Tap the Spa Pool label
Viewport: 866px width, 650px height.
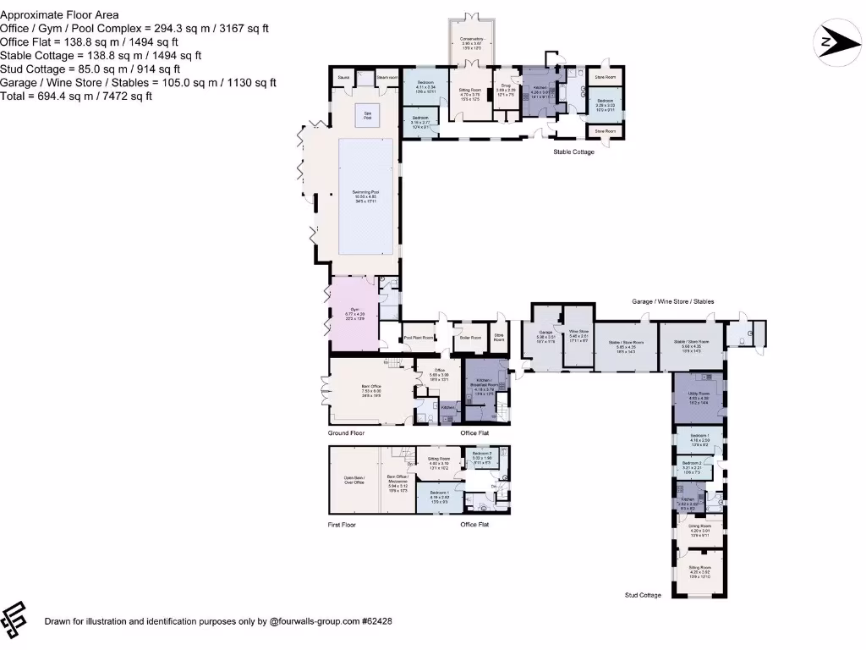[x=368, y=116]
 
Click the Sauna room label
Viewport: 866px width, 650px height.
[x=343, y=77]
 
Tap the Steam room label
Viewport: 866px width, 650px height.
[x=387, y=77]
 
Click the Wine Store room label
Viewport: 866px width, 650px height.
[x=578, y=335]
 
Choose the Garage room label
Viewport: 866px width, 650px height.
[x=545, y=333]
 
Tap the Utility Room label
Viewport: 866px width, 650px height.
[x=699, y=395]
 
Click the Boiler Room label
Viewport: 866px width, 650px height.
[x=470, y=338]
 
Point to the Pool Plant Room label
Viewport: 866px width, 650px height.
[x=419, y=338]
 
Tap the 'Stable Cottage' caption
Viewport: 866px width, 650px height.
[x=573, y=152]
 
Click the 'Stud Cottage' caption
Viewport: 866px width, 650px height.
[x=644, y=596]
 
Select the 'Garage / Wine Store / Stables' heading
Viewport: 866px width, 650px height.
[x=673, y=301]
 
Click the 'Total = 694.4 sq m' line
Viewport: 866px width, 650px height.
[x=76, y=96]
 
